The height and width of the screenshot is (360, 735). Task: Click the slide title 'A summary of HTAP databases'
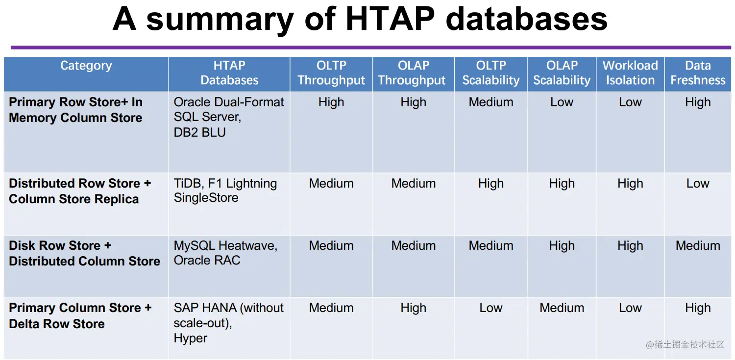[360, 20]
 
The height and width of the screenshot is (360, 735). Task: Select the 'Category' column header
[86, 66]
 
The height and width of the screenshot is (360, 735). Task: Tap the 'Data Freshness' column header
[698, 73]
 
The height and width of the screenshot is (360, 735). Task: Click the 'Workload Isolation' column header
[630, 73]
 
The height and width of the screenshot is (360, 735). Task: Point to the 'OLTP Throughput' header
[331, 73]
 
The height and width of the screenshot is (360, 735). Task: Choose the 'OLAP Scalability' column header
[562, 73]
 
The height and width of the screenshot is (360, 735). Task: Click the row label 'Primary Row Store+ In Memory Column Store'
[76, 110]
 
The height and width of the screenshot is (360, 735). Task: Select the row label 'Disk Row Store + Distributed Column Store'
[84, 253]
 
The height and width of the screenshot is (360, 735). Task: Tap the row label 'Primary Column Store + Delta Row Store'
[80, 315]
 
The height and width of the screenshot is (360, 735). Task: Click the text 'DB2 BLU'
[199, 132]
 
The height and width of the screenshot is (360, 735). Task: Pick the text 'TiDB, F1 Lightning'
[225, 183]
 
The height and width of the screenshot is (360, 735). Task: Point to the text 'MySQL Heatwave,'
[225, 245]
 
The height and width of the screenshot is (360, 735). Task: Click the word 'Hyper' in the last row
[191, 338]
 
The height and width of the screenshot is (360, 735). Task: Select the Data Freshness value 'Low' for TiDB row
[698, 183]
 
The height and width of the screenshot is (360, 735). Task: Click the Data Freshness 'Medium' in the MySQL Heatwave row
[698, 245]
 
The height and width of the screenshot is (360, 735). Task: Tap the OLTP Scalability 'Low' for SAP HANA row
[491, 308]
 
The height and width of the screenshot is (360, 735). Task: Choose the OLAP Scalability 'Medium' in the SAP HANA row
[562, 308]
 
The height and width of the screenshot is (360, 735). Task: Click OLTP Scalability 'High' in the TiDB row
[491, 183]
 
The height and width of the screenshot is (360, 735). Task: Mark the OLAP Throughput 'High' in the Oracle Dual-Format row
[413, 102]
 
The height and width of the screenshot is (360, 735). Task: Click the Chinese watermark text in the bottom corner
[685, 345]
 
